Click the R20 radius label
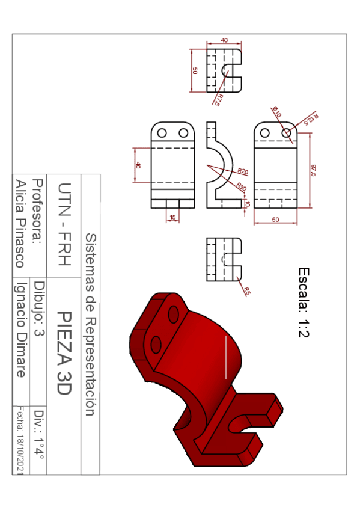point(243,171)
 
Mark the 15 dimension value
point(173,217)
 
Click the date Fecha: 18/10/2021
point(20,440)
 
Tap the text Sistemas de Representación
point(90,325)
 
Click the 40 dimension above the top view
point(225,40)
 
